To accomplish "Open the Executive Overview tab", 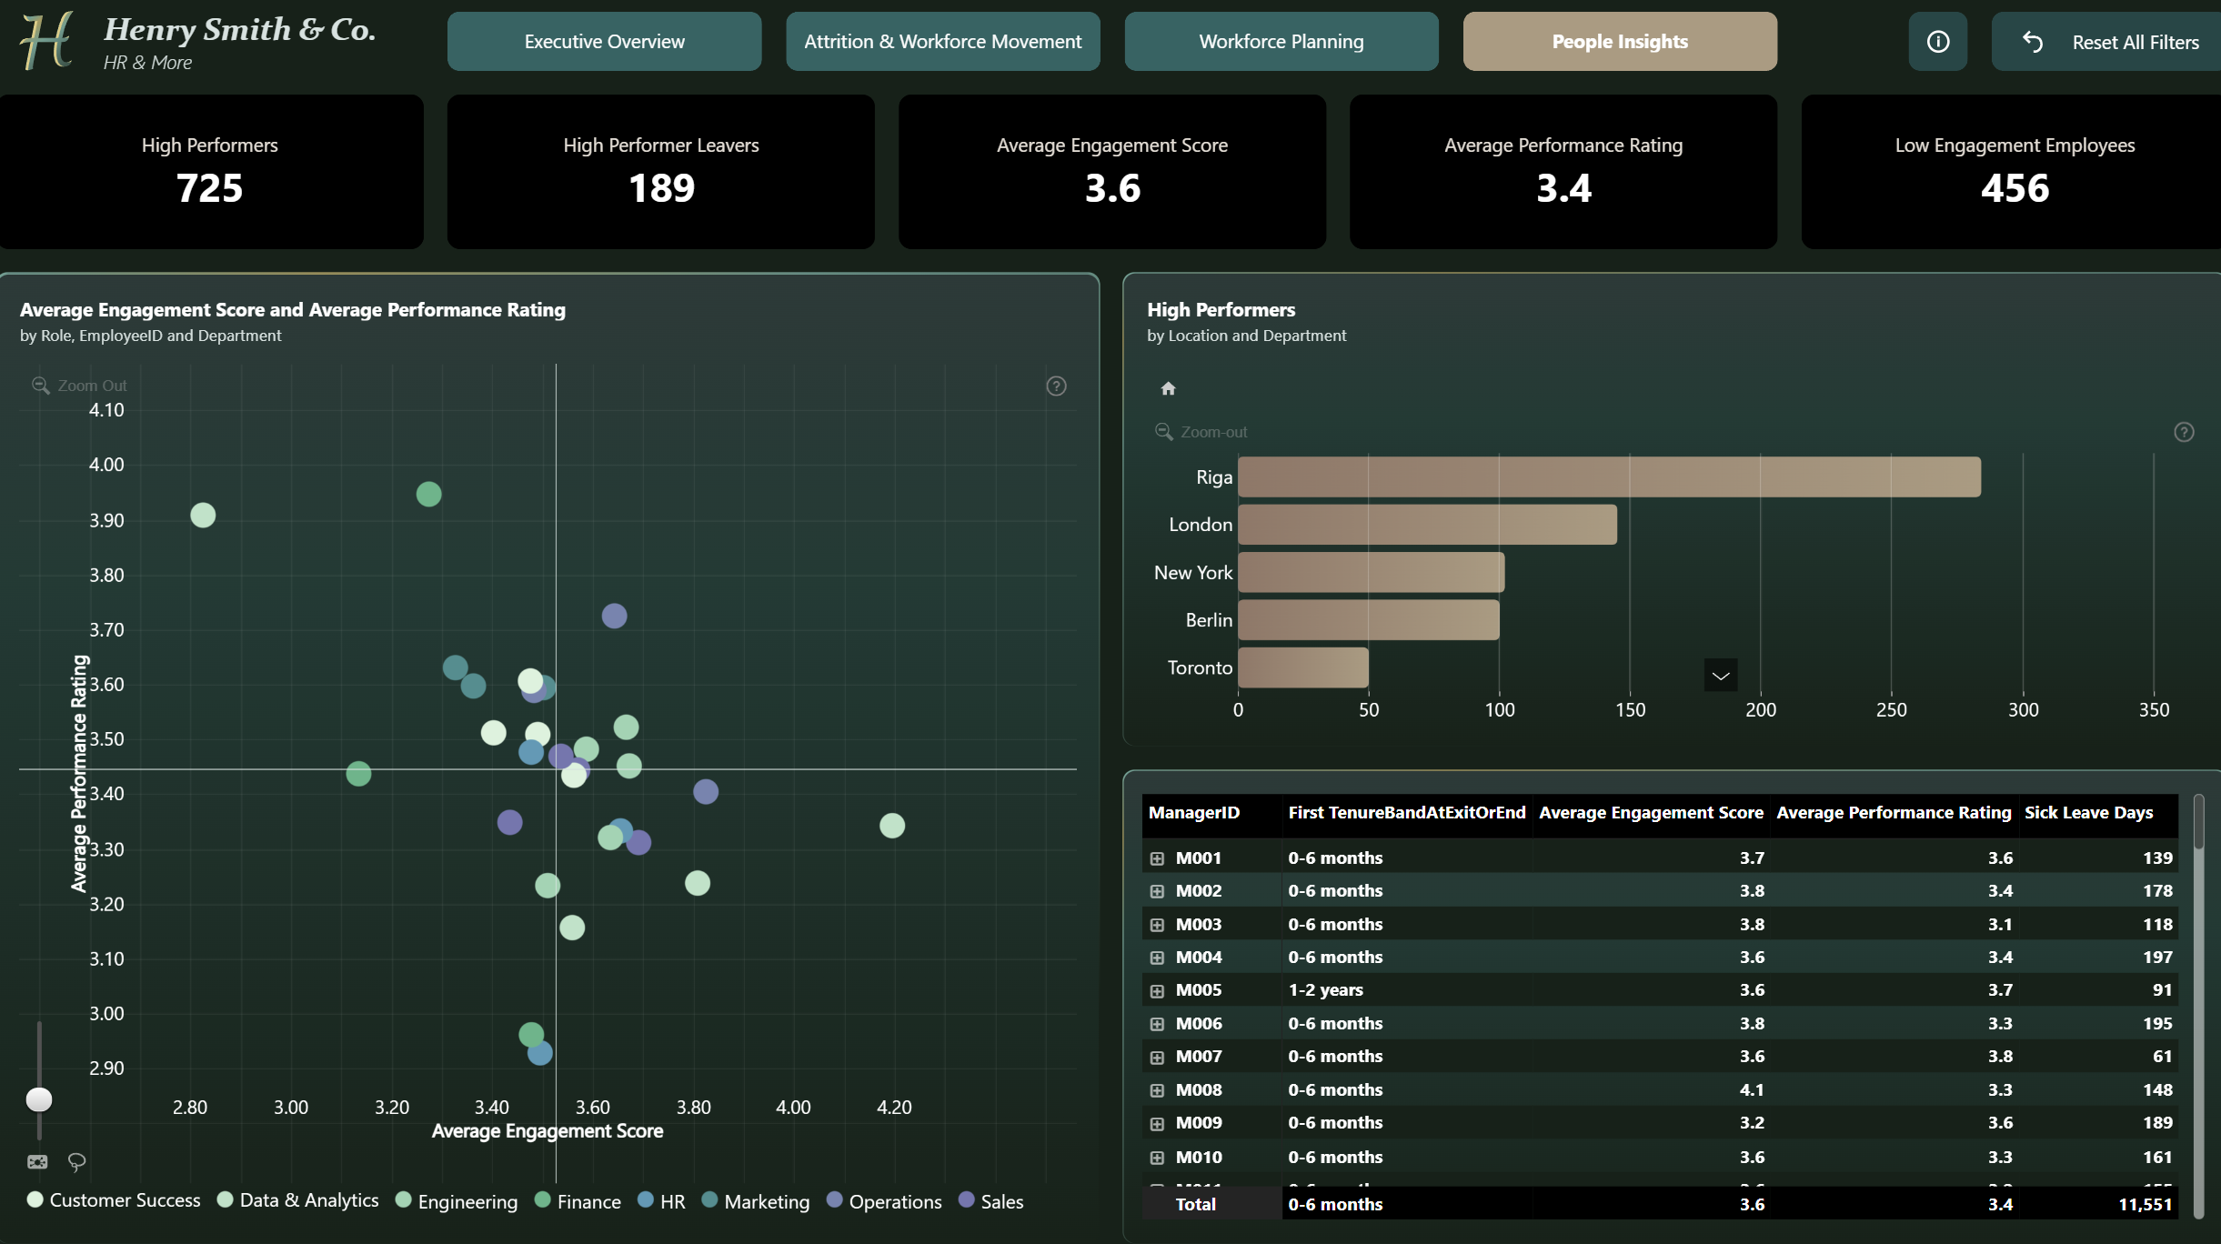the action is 604,42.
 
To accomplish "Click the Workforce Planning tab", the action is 1281,42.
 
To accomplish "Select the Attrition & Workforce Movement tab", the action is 943,42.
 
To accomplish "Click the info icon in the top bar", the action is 1938,42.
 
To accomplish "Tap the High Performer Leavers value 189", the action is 661,188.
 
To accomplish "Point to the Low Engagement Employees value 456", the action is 2015,188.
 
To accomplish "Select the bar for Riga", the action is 1609,477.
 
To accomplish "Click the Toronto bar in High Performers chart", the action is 1303,667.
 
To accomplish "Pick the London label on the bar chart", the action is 1201,525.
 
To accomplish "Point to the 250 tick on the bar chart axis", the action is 1892,710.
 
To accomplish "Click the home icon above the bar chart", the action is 1169,389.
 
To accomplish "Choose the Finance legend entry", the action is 578,1201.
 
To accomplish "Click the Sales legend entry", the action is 991,1201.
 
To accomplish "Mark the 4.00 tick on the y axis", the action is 106,465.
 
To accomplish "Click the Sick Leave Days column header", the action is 2088,813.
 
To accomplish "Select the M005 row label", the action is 1199,990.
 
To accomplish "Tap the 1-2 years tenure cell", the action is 1325,990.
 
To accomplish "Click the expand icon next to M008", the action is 1157,1090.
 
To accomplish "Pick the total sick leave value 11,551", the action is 2146,1205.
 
